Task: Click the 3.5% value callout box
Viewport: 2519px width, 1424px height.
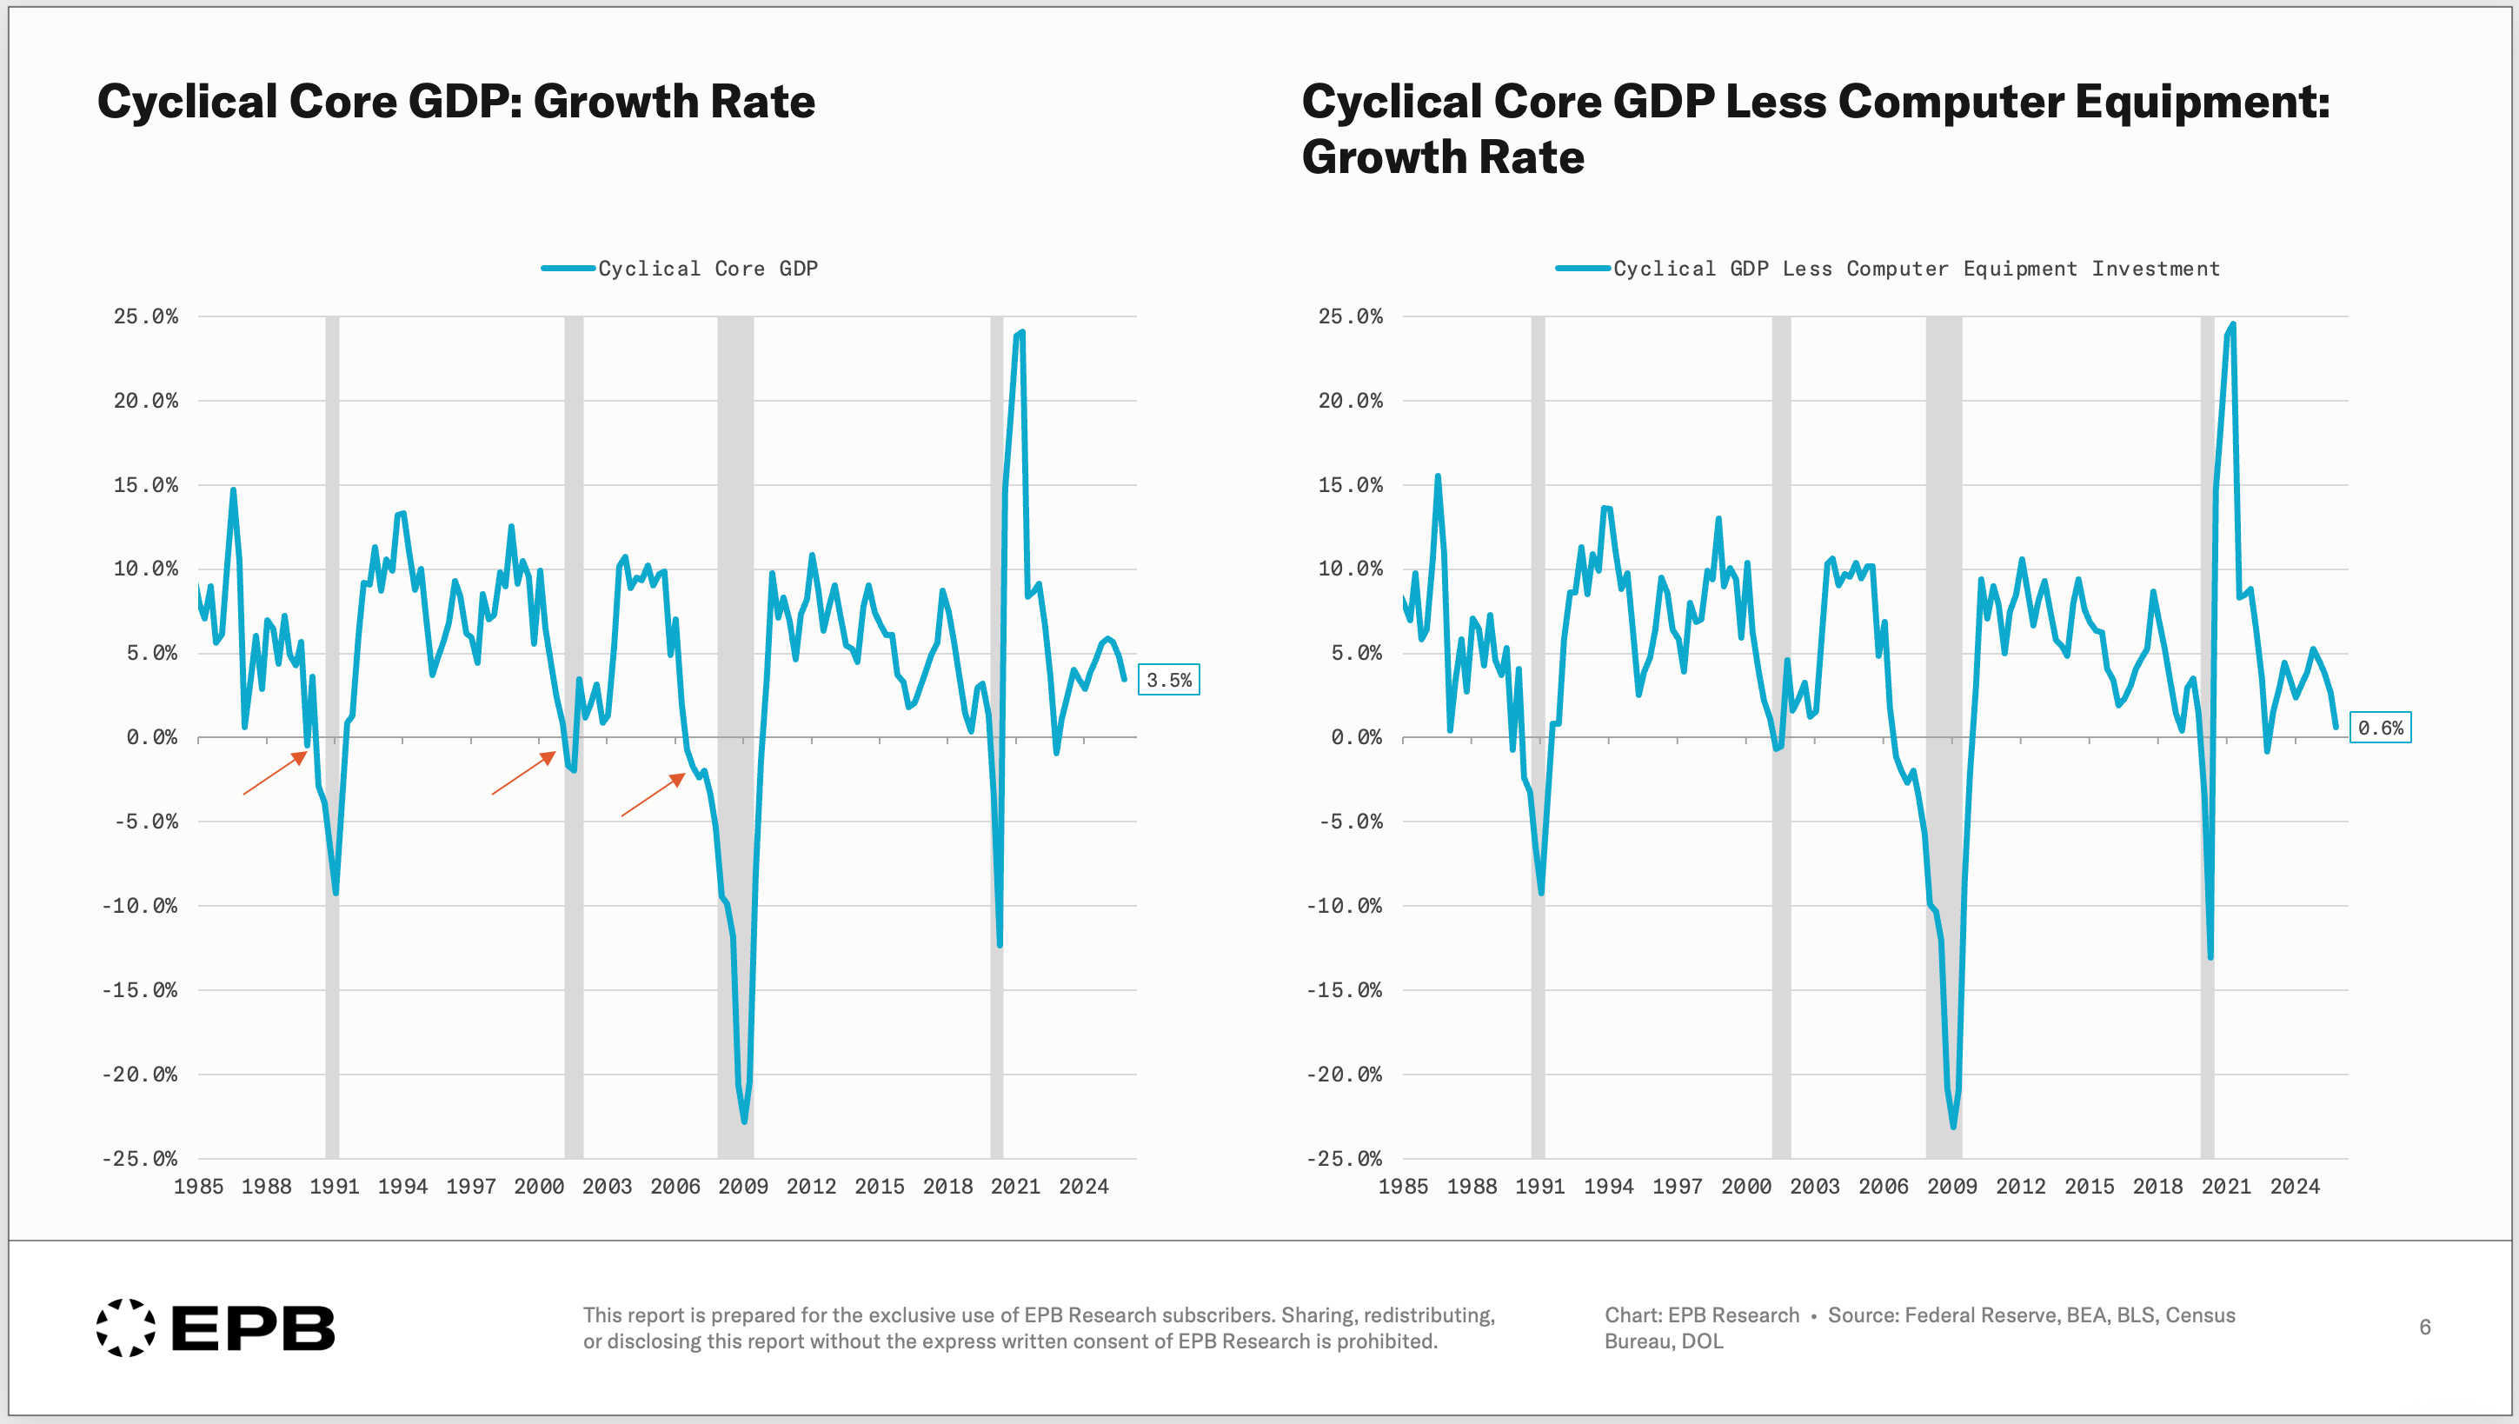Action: click(x=1168, y=680)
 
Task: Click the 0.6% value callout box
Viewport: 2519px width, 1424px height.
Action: click(x=2380, y=728)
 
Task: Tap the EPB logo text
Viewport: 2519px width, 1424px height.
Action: click(x=253, y=1328)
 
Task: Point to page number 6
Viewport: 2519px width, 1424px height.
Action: click(x=2425, y=1328)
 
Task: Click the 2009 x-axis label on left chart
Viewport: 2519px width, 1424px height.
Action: click(x=743, y=1187)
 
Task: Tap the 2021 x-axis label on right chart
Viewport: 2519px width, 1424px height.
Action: click(x=2225, y=1187)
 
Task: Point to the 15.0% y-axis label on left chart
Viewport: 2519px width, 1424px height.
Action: click(x=146, y=485)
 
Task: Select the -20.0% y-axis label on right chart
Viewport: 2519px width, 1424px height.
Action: click(x=1345, y=1075)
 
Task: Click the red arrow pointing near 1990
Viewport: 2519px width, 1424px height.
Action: click(x=275, y=773)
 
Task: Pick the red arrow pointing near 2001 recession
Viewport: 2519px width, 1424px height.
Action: click(x=523, y=773)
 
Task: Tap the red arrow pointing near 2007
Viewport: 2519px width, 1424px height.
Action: click(x=654, y=795)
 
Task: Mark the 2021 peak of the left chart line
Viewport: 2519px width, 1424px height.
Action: click(x=1022, y=332)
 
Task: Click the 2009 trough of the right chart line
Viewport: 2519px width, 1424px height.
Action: click(x=1953, y=1127)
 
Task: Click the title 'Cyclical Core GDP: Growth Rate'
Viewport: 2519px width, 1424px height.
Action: click(x=455, y=102)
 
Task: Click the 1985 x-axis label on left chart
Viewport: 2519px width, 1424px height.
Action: click(x=198, y=1187)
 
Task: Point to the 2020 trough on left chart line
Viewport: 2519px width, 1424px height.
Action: click(x=1000, y=945)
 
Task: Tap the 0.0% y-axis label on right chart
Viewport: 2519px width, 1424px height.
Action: click(x=1355, y=737)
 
